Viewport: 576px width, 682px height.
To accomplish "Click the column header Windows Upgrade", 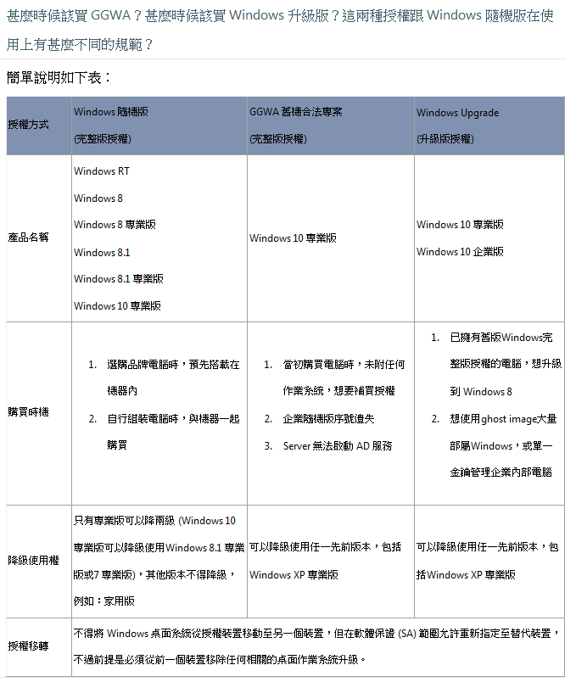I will (457, 113).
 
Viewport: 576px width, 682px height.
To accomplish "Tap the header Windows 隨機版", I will (111, 113).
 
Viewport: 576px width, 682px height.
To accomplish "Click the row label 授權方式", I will (28, 125).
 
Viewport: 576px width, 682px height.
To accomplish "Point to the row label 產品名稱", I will (28, 238).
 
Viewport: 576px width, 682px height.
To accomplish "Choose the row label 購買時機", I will (28, 412).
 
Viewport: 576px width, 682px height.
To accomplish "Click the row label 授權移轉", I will (28, 646).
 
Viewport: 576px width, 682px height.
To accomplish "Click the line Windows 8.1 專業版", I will (118, 278).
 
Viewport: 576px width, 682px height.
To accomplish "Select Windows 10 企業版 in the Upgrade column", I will (460, 251).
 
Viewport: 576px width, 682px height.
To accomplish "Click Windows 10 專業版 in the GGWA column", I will (293, 238).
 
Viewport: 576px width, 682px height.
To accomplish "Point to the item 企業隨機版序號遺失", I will (329, 418).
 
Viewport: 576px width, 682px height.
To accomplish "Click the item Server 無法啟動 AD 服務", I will (338, 445).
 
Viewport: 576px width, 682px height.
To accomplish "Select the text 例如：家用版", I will (103, 601).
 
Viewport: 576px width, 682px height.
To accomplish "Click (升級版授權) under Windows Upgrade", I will (445, 138).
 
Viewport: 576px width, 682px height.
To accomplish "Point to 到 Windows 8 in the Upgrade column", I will (481, 392).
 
